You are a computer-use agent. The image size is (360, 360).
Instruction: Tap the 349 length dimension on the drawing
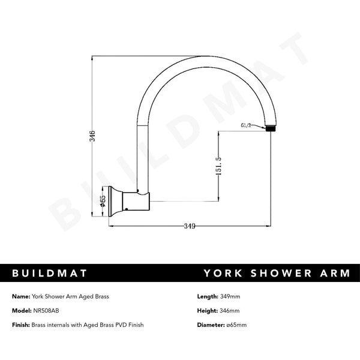tap(189, 226)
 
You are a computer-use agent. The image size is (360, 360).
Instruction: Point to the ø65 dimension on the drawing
tap(103, 201)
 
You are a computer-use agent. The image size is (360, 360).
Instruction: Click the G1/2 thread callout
tap(246, 125)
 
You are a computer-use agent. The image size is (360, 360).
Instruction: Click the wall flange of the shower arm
tap(119, 201)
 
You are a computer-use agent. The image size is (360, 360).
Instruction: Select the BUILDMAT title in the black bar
tap(50, 274)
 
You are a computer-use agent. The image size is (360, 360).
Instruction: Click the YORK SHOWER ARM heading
tap(277, 274)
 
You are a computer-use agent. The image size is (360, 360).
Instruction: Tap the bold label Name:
tap(20, 296)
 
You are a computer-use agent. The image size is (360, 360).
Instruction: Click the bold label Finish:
tap(21, 325)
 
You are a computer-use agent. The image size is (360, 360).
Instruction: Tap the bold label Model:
tap(21, 311)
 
